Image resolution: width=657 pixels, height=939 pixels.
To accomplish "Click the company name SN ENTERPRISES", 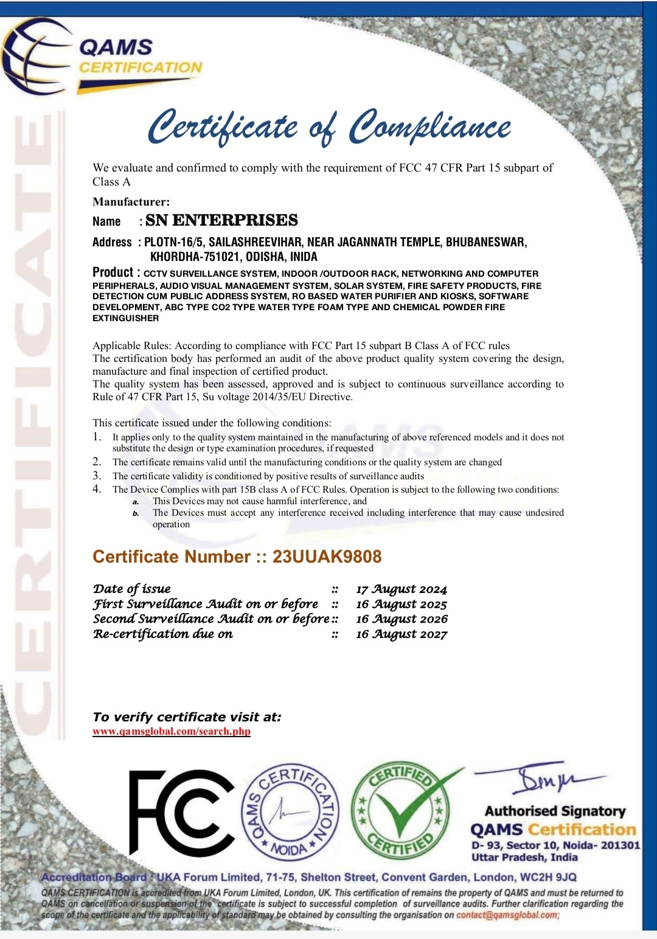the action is pos(221,220).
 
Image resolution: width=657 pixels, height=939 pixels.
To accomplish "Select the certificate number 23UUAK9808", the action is pos(327,556).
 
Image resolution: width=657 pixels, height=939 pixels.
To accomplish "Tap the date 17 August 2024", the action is pos(401,589).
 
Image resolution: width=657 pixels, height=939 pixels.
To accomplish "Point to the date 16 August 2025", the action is pos(401,605).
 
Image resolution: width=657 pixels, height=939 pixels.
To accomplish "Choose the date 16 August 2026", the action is pos(401,619).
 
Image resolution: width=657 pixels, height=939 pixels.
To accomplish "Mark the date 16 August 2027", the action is pos(401,634).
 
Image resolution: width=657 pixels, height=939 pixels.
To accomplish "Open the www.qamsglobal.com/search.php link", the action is pos(172,731).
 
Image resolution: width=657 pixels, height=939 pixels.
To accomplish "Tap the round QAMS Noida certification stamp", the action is pos(290,812).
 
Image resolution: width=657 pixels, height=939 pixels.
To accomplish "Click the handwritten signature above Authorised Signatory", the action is pos(541,779).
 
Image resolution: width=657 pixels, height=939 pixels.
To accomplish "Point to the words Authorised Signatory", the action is pos(555,811).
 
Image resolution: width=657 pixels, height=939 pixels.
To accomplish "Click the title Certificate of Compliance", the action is pos(330,127).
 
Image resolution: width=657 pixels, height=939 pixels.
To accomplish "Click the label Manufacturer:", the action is pos(131,202).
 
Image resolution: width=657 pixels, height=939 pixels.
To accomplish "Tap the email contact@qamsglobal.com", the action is pos(507,915).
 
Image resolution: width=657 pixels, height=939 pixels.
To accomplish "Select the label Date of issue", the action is pos(132,589).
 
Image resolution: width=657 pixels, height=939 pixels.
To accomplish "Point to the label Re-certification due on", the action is pos(163,634).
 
